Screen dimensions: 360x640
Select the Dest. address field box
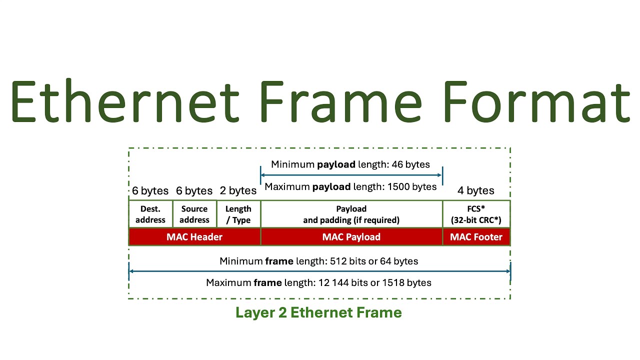150,214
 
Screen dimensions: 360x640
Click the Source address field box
194,214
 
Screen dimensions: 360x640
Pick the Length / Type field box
238,214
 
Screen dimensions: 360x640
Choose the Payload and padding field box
351,214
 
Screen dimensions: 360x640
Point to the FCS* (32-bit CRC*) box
476,214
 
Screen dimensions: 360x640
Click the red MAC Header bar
194,237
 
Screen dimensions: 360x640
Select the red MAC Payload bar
351,237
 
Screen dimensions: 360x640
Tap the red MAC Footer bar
476,237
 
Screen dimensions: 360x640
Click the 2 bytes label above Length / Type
238,190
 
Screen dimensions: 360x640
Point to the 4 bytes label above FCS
476,190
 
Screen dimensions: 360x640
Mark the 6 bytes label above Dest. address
150,190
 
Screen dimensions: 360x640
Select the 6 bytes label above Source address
194,190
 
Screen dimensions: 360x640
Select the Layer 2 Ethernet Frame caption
318,312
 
